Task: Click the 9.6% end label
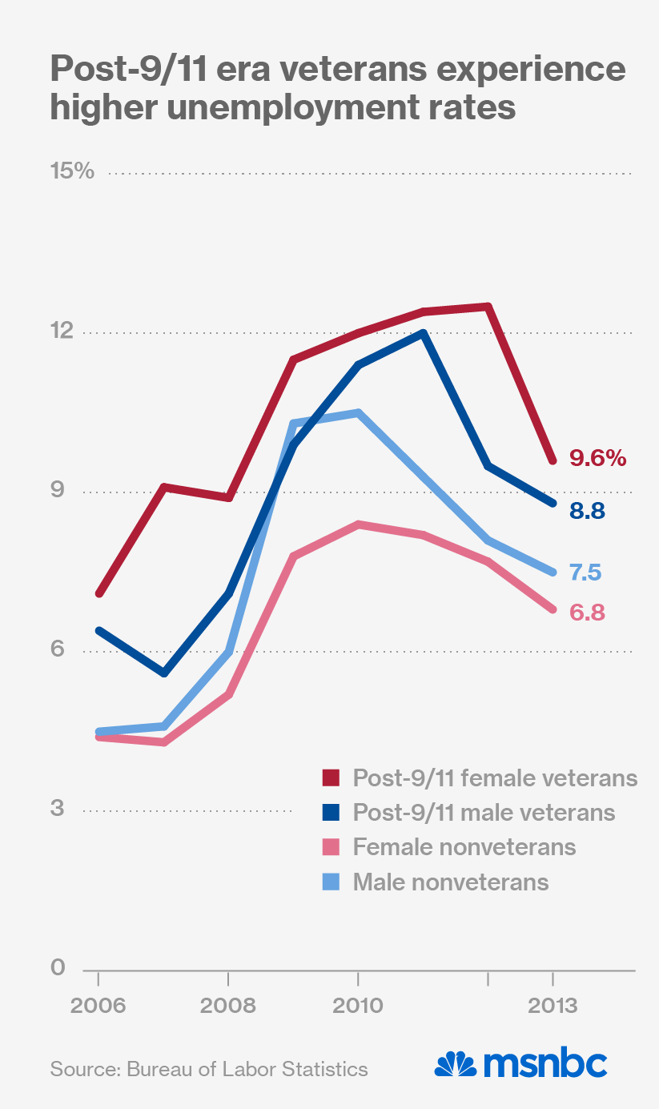tap(597, 459)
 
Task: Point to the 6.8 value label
tap(586, 613)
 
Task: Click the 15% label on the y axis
tap(72, 172)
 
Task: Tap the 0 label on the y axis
tap(58, 968)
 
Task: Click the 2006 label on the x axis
tap(98, 1006)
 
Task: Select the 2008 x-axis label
tap(228, 1006)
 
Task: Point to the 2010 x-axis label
tap(358, 1006)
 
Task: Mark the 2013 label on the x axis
tap(553, 1006)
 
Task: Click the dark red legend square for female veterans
tap(332, 778)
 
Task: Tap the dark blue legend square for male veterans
tap(332, 813)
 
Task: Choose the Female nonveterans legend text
tap(464, 847)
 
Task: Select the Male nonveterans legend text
tap(451, 882)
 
